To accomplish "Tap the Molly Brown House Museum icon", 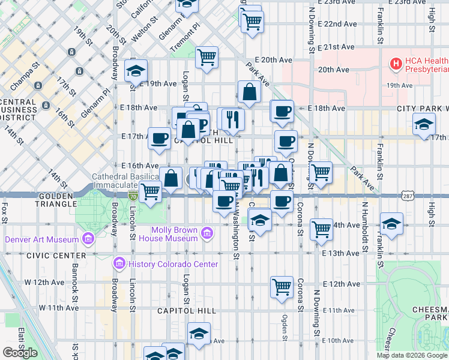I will click(207, 233).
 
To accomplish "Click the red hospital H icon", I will click(396, 62).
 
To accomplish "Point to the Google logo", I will click(20, 353).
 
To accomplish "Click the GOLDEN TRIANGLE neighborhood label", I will click(29, 196).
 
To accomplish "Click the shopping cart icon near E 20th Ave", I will click(206, 58).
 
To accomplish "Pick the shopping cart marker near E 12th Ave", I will click(282, 287).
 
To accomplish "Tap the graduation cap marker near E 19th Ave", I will click(136, 70).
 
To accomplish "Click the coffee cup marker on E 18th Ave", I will click(282, 110).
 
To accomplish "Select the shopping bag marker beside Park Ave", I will click(249, 92).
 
